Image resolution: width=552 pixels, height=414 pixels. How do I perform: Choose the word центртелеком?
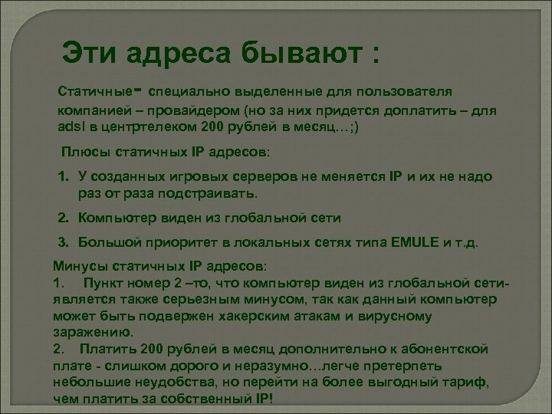coord(146,127)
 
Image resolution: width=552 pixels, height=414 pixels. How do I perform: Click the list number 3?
coord(66,243)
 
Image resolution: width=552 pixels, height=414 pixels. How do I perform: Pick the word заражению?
coord(93,333)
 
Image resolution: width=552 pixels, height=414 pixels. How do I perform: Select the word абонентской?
coord(445,350)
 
